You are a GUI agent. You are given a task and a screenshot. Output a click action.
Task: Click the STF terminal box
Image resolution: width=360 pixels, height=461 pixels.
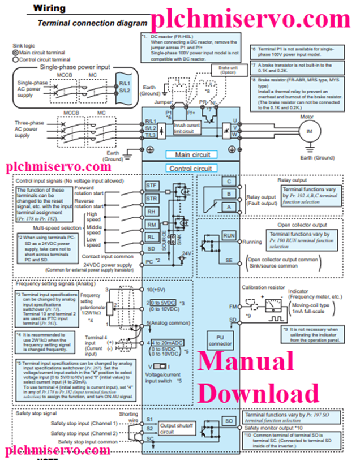(x=152, y=185)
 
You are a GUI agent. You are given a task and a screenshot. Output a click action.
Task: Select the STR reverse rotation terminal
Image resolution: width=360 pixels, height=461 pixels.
(x=152, y=199)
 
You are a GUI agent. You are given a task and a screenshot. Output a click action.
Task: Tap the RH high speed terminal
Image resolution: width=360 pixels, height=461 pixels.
(x=152, y=212)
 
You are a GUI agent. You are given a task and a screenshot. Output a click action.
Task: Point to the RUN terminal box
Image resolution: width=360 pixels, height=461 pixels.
(x=229, y=235)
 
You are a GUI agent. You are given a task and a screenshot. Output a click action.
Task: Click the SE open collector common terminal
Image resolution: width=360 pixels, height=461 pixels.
(x=229, y=260)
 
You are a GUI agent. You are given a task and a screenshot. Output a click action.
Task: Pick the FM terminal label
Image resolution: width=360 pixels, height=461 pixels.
(x=232, y=306)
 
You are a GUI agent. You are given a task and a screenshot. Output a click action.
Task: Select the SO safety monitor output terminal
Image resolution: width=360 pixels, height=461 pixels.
(x=229, y=421)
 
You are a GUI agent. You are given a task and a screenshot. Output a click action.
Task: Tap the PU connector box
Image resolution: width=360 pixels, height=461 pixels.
(x=220, y=340)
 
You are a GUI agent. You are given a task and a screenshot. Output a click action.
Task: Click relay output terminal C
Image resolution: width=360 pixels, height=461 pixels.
(x=229, y=182)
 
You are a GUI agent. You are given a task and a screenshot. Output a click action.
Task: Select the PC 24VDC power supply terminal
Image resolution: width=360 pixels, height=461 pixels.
(x=149, y=262)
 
